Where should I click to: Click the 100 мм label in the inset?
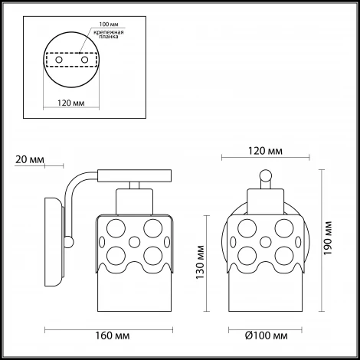pyautogui.click(x=109, y=25)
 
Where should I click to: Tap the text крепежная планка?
pyautogui.click(x=109, y=34)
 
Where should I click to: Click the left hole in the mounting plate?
pyautogui.click(x=59, y=60)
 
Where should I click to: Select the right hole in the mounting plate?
pyautogui.click(x=84, y=60)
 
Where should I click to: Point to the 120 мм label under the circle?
pyautogui.click(x=71, y=103)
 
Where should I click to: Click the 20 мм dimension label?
pyautogui.click(x=30, y=159)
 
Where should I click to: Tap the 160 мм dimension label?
pyautogui.click(x=113, y=335)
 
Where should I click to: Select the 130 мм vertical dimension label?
pyautogui.click(x=200, y=262)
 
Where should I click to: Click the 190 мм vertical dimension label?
pyautogui.click(x=327, y=238)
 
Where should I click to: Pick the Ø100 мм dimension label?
pyautogui.click(x=267, y=335)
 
